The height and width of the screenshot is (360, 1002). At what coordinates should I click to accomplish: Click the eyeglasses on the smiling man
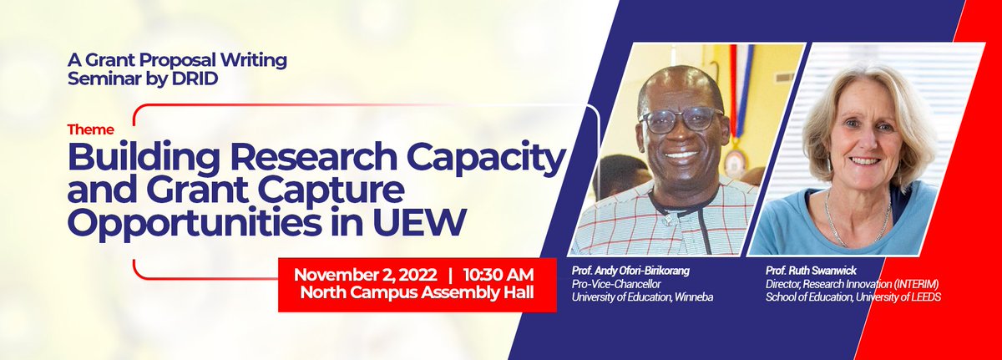pos(681,119)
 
